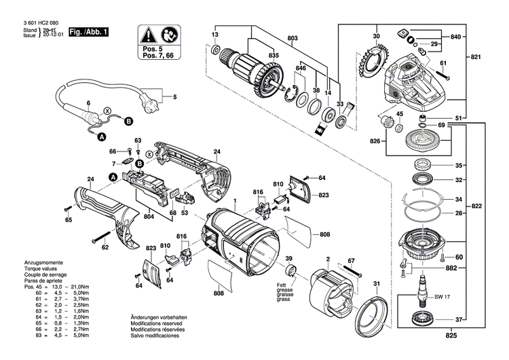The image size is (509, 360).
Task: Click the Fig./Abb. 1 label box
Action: [x=88, y=32]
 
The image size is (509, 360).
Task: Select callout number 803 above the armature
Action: [x=293, y=38]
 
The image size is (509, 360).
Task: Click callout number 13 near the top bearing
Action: [x=215, y=35]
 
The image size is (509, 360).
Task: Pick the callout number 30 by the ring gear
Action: [x=375, y=35]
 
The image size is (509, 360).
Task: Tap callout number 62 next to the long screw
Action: [x=105, y=247]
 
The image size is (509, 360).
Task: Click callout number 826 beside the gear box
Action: [x=375, y=141]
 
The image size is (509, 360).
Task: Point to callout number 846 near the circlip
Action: [x=301, y=69]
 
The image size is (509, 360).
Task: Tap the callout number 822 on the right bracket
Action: [x=476, y=206]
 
